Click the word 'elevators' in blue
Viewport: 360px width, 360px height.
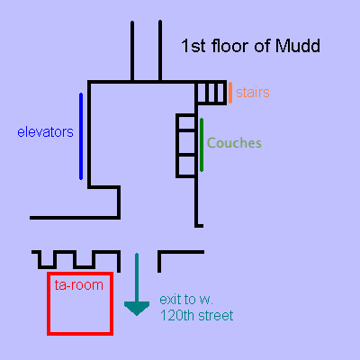pyautogui.click(x=45, y=132)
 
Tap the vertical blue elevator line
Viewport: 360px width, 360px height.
pyautogui.click(x=81, y=136)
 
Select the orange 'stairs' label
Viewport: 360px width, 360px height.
pyautogui.click(x=253, y=93)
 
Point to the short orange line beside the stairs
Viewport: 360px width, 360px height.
pyautogui.click(x=230, y=93)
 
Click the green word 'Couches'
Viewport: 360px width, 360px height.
pyautogui.click(x=234, y=143)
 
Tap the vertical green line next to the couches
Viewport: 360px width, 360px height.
pyautogui.click(x=202, y=145)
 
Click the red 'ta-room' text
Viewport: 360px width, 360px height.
pyautogui.click(x=79, y=285)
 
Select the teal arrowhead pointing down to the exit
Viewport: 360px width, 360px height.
pyautogui.click(x=137, y=309)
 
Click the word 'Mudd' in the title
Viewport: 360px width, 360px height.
pyautogui.click(x=298, y=46)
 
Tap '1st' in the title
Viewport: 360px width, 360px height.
pyautogui.click(x=193, y=46)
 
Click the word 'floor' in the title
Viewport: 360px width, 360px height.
pyautogui.click(x=230, y=46)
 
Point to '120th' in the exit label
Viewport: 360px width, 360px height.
pyautogui.click(x=176, y=316)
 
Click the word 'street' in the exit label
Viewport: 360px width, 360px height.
pyautogui.click(x=215, y=316)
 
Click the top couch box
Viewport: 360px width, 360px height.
pyautogui.click(x=186, y=122)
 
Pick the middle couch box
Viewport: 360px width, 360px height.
pyautogui.click(x=186, y=143)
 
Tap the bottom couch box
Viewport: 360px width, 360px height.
pyautogui.click(x=186, y=166)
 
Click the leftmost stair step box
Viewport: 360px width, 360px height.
pyautogui.click(x=202, y=93)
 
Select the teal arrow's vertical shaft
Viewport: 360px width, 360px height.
pyautogui.click(x=137, y=278)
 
